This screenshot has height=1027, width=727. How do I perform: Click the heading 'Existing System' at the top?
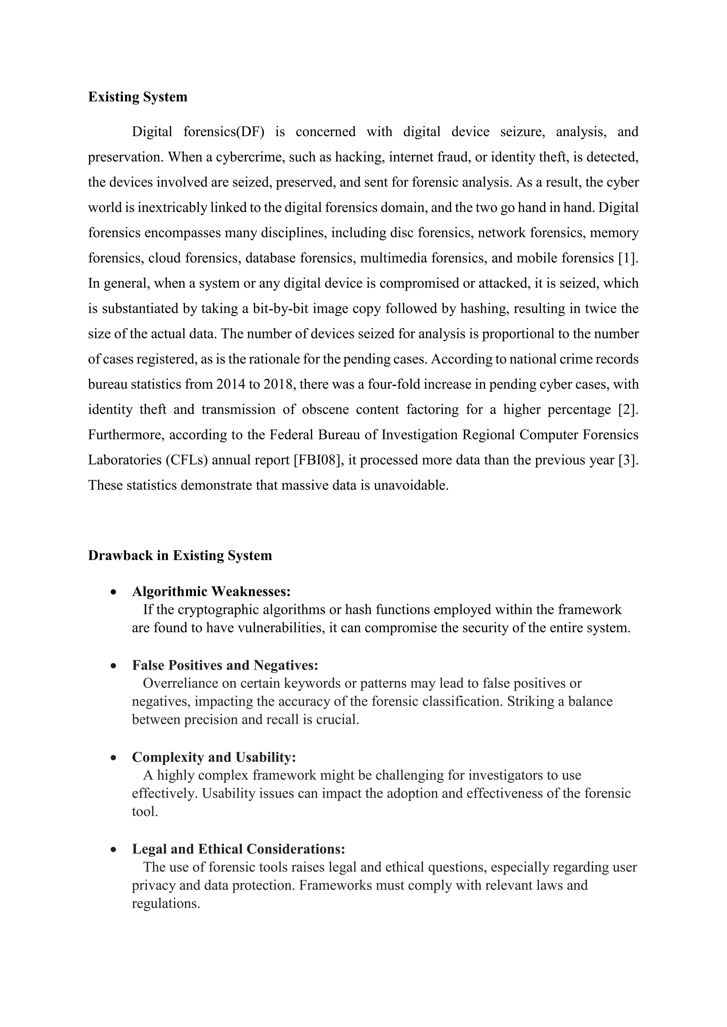point(137,97)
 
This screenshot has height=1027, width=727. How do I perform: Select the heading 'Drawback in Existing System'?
point(180,556)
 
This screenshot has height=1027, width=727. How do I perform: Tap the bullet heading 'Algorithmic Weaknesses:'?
point(211,592)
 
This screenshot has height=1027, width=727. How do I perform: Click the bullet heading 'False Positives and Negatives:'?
point(225,666)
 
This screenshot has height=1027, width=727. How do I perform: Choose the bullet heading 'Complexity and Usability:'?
point(214,757)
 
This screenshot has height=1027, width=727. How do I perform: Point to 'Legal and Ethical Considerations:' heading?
point(238,849)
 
